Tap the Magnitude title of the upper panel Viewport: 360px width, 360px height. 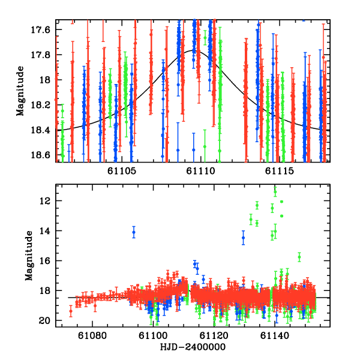click(x=20, y=92)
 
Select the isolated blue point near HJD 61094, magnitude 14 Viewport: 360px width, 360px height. click(x=134, y=232)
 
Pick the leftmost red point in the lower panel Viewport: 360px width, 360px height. click(x=71, y=311)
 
